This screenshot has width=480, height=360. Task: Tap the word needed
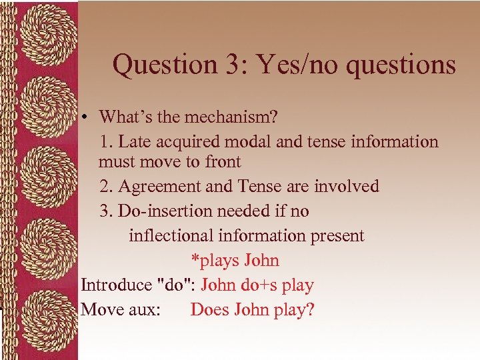click(257, 211)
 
